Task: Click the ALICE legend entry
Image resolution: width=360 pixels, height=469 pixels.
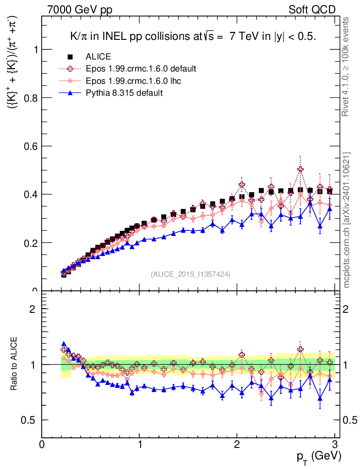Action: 98,57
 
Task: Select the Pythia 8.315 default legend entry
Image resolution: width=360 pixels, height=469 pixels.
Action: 124,93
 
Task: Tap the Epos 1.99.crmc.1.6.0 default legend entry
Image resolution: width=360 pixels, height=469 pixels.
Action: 141,69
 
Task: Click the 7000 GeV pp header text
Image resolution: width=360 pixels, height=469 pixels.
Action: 80,10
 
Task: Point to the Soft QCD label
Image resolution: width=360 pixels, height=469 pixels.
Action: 312,10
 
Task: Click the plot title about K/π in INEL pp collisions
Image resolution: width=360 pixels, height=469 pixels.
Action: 192,37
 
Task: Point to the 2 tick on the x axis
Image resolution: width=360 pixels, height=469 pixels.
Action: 237,444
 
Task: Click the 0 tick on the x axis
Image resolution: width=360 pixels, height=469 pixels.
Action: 42,444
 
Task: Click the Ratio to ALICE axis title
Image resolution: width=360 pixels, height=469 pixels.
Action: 15,364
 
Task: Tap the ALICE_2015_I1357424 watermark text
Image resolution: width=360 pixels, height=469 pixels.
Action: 191,274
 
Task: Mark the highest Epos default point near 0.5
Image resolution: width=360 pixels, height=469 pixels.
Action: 300,169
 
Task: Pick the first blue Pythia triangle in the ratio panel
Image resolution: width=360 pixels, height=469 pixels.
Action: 64,344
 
